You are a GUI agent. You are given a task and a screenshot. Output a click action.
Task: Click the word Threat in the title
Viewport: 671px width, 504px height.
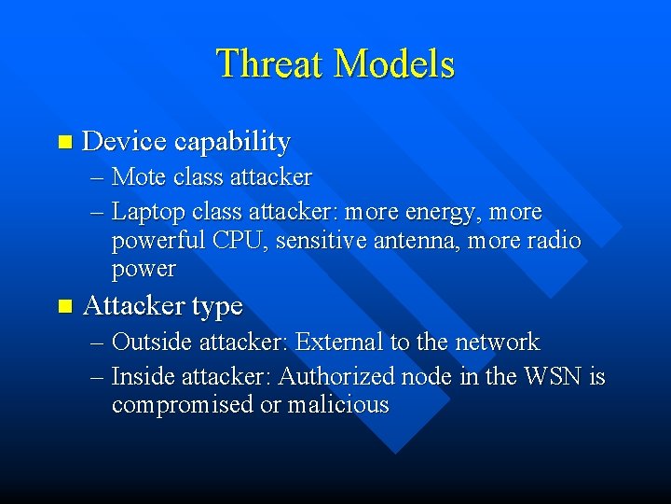pyautogui.click(x=271, y=64)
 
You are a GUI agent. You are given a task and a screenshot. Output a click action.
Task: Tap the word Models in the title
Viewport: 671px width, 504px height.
pyautogui.click(x=395, y=64)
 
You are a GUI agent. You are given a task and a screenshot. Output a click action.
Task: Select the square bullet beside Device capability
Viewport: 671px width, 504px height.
pyautogui.click(x=63, y=143)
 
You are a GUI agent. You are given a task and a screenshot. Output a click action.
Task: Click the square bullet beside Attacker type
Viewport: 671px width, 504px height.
pyautogui.click(x=63, y=306)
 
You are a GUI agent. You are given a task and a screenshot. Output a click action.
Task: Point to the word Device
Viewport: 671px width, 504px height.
pyautogui.click(x=125, y=142)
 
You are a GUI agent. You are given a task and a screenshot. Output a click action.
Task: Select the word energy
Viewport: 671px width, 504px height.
pyautogui.click(x=436, y=214)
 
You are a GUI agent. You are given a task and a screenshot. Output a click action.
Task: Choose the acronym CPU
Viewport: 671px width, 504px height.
pyautogui.click(x=239, y=241)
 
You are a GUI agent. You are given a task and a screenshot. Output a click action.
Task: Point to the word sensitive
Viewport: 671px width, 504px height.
pyautogui.click(x=319, y=241)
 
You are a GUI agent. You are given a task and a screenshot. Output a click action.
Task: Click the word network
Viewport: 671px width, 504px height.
pyautogui.click(x=497, y=342)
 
